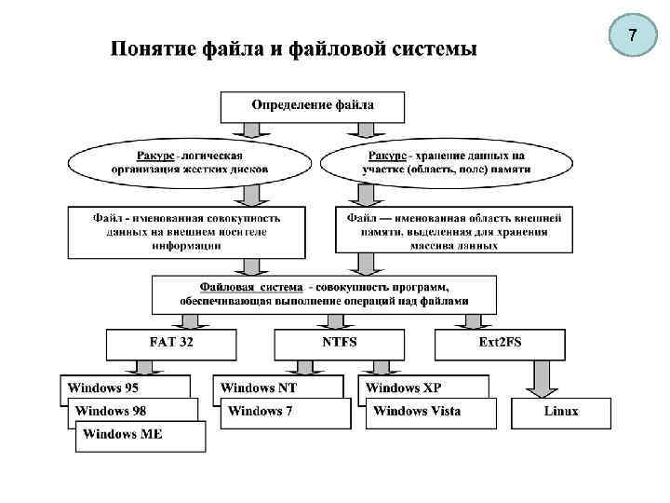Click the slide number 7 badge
(x=633, y=37)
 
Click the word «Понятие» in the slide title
(x=152, y=48)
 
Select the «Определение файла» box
(x=313, y=106)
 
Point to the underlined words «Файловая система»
(x=250, y=288)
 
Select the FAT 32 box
(x=172, y=343)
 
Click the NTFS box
(x=340, y=343)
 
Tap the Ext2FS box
(x=500, y=343)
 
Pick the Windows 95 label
(x=103, y=387)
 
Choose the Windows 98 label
(x=111, y=411)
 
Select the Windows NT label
(x=259, y=387)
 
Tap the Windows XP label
(x=404, y=387)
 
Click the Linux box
(x=561, y=412)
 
